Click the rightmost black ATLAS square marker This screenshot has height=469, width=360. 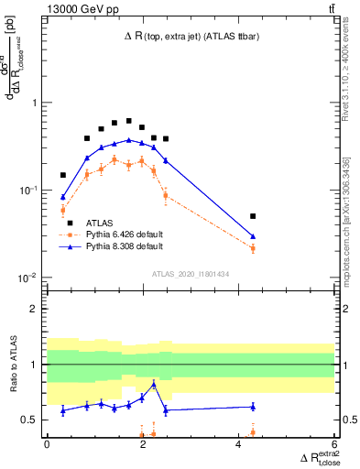point(253,216)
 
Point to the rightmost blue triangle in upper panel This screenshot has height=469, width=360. point(253,236)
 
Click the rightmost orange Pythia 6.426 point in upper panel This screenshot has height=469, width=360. point(253,248)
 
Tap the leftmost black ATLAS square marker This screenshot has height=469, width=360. point(63,175)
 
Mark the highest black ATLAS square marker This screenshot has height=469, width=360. point(129,121)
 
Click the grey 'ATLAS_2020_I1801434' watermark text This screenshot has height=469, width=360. point(191,274)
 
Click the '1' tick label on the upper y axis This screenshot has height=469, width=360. point(35,103)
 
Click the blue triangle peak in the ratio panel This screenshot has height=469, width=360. point(154,385)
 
